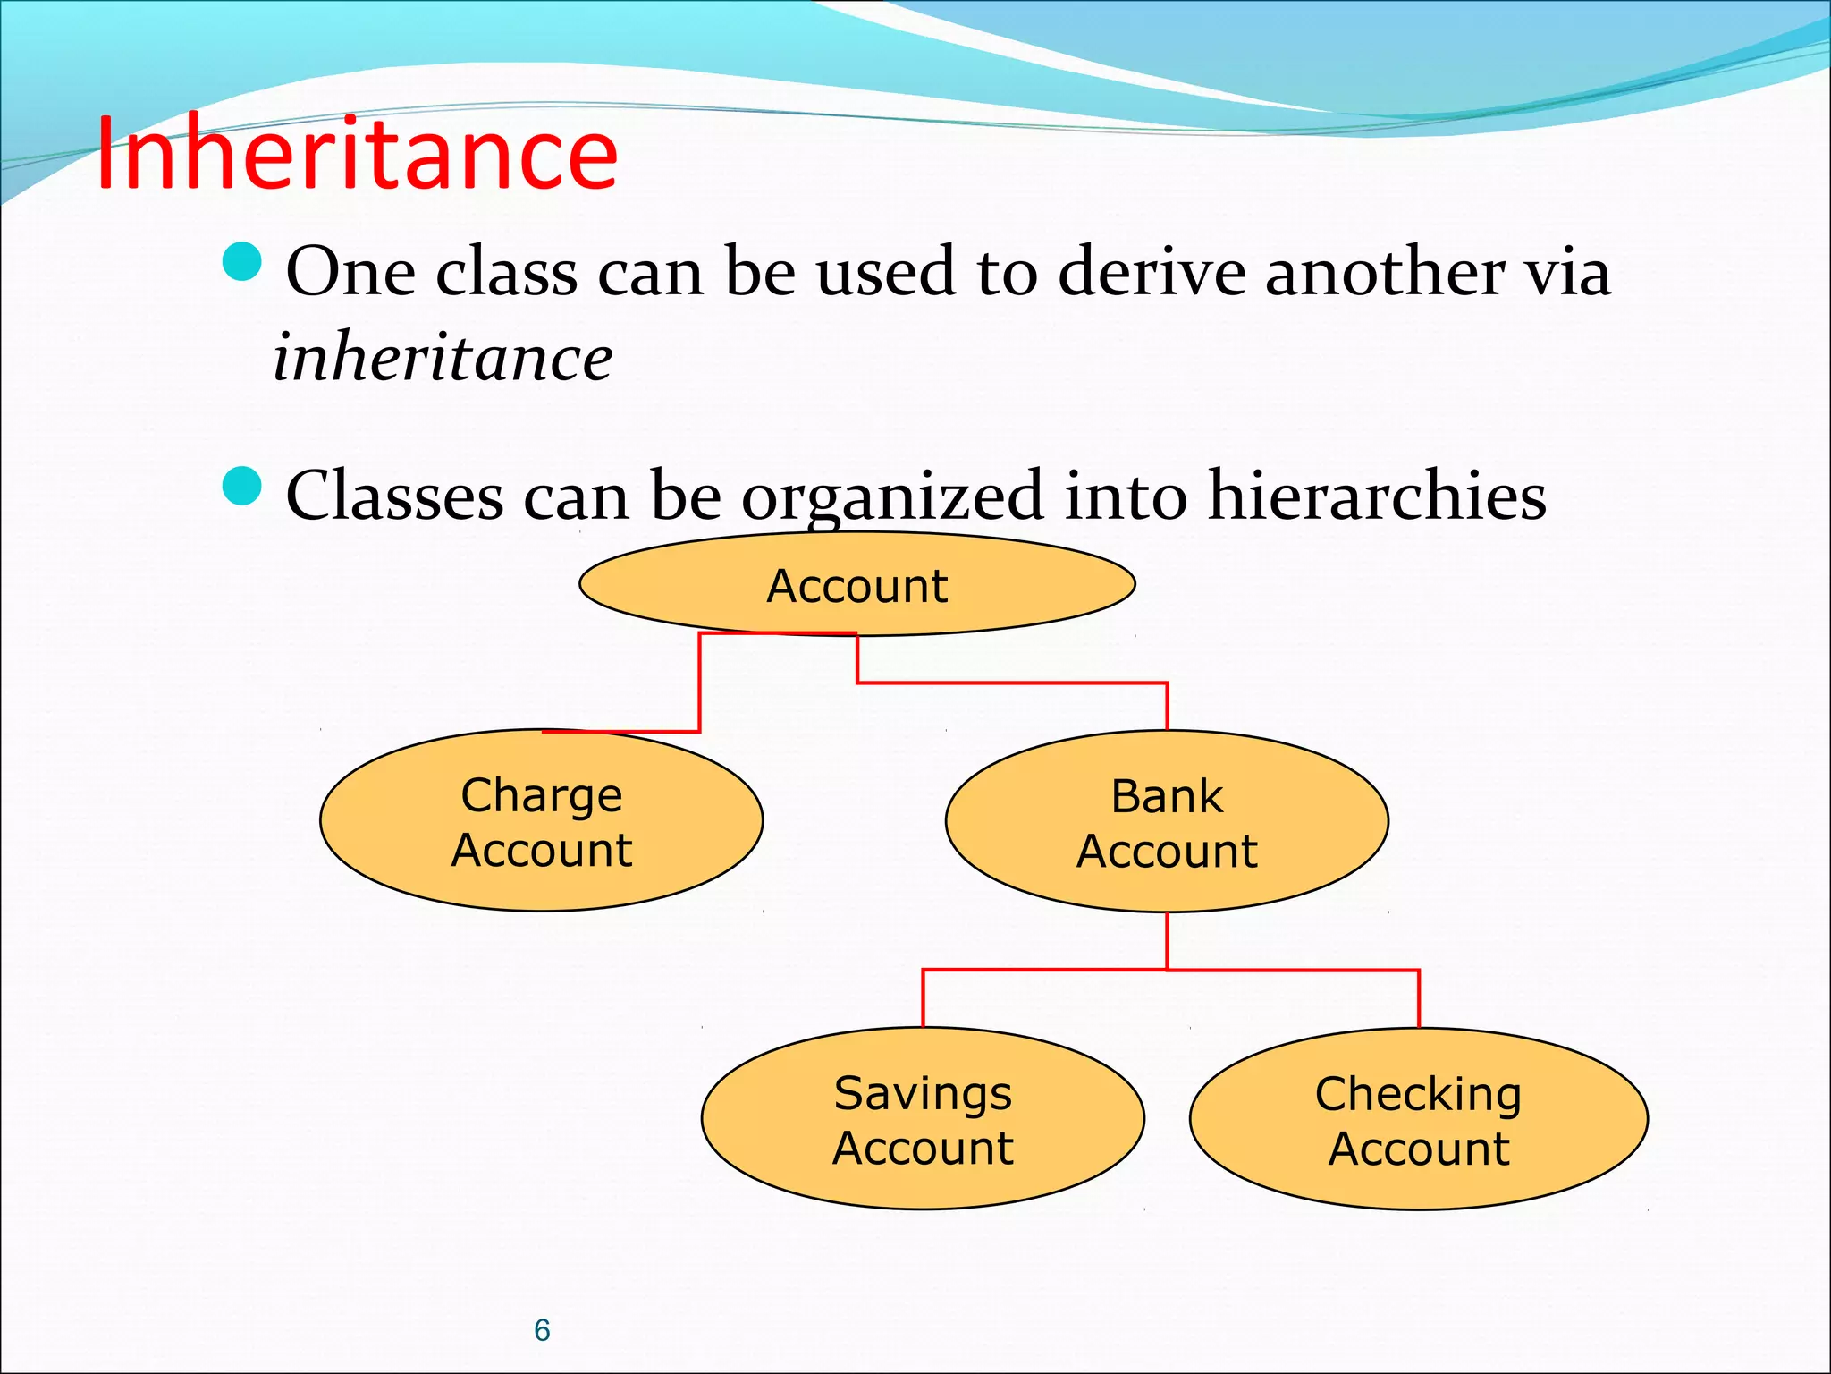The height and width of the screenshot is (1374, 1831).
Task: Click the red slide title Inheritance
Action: (356, 154)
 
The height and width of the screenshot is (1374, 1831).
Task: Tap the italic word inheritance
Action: (443, 357)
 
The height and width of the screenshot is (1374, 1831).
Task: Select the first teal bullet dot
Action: (241, 262)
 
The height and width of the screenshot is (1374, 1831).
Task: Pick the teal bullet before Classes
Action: (241, 486)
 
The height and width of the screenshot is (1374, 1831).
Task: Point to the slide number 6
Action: (542, 1330)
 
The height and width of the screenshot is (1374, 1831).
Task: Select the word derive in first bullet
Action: (1152, 271)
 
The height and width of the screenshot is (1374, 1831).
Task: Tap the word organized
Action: (891, 496)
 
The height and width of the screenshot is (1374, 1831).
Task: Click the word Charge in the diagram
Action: (541, 794)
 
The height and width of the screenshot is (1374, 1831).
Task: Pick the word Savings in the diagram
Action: (923, 1093)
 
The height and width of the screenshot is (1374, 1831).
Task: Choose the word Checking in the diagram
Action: (1418, 1094)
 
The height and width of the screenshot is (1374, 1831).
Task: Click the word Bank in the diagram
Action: (1167, 795)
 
